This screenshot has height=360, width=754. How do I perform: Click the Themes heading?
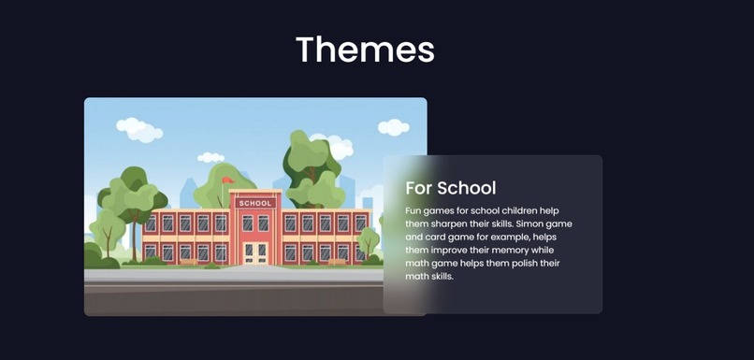(365, 49)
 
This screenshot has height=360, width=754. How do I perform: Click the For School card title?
(450, 188)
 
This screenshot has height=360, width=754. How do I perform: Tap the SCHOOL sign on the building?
(254, 203)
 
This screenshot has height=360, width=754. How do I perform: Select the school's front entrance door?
(255, 252)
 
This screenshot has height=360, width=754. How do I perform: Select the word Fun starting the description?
(414, 212)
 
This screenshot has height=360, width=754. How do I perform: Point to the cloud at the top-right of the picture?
(393, 127)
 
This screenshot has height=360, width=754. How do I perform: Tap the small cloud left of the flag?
(211, 158)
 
